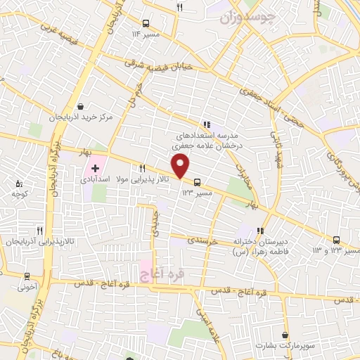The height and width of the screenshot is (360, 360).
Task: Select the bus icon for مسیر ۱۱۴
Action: pos(146,22)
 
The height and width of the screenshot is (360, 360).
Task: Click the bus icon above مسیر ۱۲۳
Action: pos(196,180)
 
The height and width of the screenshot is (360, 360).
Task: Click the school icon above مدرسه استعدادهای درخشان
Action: pos(206,124)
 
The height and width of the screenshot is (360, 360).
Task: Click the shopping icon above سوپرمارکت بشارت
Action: pos(285,335)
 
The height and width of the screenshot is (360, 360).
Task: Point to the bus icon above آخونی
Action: pos(27,276)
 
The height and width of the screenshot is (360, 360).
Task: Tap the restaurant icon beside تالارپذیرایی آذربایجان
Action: pos(40,230)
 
